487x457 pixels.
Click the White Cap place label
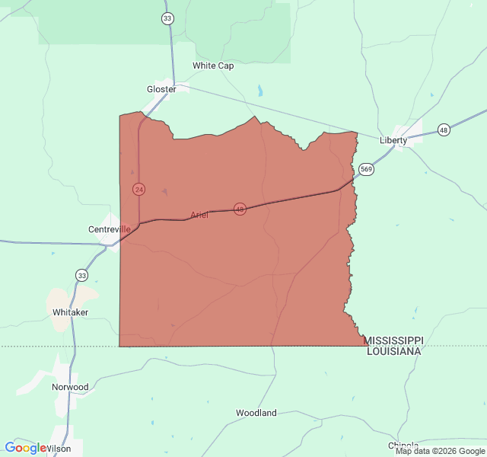point(213,66)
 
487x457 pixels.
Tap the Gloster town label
point(161,89)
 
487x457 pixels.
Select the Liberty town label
point(393,140)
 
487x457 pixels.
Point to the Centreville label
point(110,229)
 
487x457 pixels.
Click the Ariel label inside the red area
point(199,215)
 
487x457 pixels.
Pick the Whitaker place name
point(71,312)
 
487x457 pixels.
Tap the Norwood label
point(70,387)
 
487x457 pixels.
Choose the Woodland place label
point(256,413)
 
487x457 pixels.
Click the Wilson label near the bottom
point(59,449)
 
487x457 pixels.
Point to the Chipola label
point(403,446)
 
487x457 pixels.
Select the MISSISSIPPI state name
point(393,340)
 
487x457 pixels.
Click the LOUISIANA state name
point(393,351)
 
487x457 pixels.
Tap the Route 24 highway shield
point(138,188)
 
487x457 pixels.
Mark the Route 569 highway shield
point(367,169)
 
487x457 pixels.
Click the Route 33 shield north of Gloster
point(168,18)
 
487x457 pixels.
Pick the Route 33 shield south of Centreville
point(81,274)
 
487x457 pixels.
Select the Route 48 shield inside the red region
point(240,209)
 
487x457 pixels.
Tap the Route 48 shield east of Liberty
point(444,130)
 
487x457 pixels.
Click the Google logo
point(25,448)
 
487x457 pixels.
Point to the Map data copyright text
point(440,451)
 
